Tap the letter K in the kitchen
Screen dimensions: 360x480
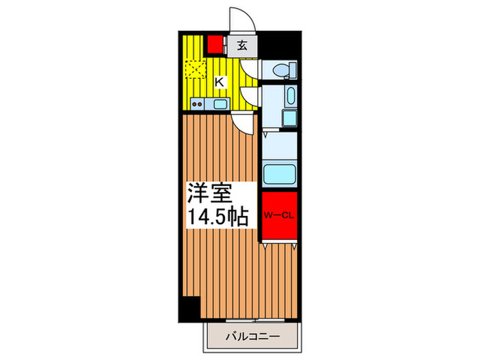219,82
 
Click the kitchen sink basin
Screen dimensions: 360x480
220,104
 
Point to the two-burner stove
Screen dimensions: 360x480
197,104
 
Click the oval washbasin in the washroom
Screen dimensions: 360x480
290,95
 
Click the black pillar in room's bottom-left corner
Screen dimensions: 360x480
189,308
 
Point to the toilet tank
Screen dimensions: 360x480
291,69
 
